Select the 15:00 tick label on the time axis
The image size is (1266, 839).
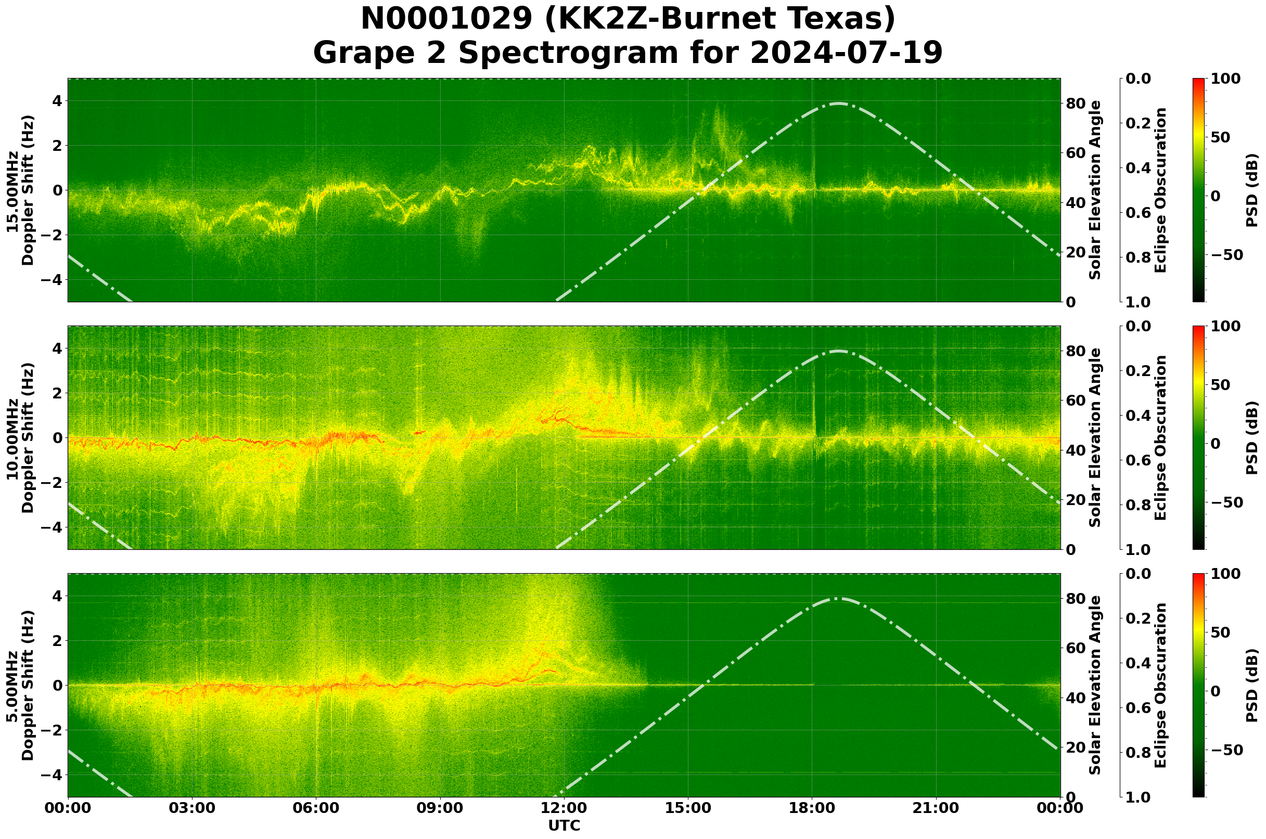click(688, 808)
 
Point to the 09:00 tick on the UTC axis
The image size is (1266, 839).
click(440, 808)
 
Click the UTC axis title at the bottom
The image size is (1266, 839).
click(564, 825)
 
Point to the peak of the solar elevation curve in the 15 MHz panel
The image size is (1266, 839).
click(838, 104)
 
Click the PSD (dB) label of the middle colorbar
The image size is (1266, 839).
click(1252, 437)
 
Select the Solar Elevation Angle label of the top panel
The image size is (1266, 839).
click(1096, 190)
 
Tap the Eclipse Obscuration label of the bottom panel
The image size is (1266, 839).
click(1160, 686)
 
